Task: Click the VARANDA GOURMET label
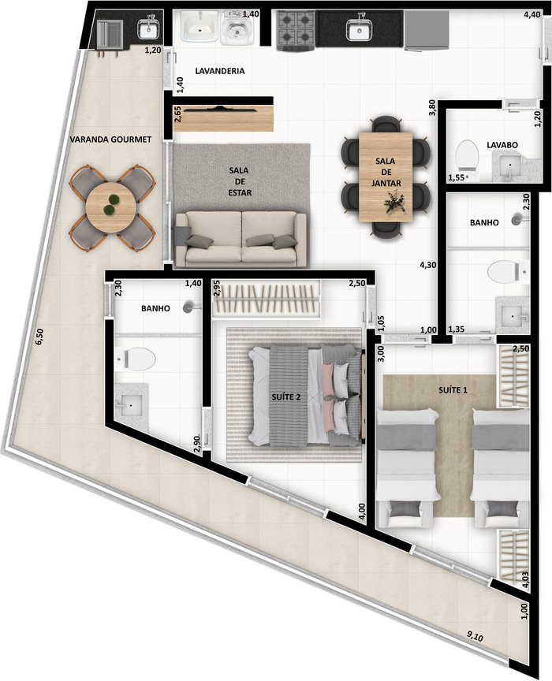coord(111,140)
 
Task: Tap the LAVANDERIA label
coord(219,71)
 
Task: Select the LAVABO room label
coord(502,145)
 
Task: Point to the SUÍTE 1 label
coord(453,390)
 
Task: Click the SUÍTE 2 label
coord(286,397)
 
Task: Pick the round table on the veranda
coord(109,208)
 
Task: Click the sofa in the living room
coord(241,239)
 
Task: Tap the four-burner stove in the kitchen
coord(296,32)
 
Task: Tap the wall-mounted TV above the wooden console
coord(222,109)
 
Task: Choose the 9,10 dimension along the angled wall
coord(475,637)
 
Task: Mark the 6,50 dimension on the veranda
coord(39,337)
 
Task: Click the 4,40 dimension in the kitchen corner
coord(531,15)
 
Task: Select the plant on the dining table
coord(395,203)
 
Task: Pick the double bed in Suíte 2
coord(304,395)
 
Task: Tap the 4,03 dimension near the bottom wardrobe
coord(526,579)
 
